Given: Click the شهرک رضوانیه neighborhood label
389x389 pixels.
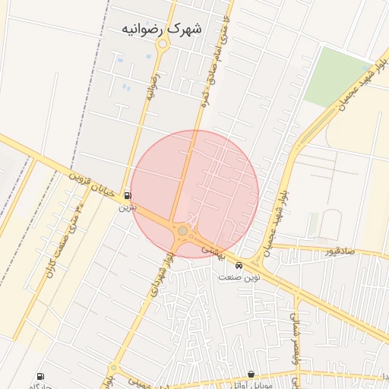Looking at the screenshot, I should pos(162,28).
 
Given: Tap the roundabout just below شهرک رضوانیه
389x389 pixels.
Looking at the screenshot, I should pos(162,45).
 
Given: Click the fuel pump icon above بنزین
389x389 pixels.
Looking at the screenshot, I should pos(127,194).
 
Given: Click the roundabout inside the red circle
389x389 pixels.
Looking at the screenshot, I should pos(182,230).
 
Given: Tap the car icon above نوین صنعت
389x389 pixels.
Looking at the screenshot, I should pos(239,266).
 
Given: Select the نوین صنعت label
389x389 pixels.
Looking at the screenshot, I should pos(239,277).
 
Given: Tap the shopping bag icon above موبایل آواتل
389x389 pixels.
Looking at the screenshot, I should pos(251,374).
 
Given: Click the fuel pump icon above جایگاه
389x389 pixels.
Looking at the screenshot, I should pos(40,376).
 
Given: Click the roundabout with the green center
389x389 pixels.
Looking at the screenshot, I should pos(182,230).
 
